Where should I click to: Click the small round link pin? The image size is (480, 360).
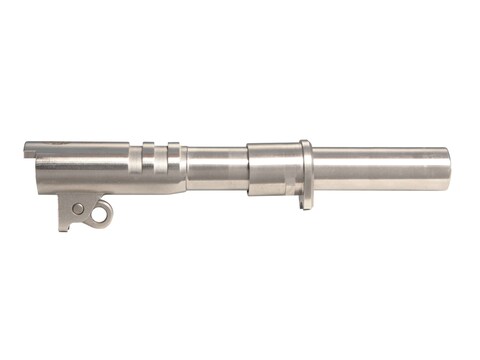click(78, 209)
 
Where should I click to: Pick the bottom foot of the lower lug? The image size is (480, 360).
click(65, 224)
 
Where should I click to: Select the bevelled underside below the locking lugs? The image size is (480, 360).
click(160, 187)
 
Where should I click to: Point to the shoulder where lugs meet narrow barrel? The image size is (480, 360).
click(185, 168)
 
